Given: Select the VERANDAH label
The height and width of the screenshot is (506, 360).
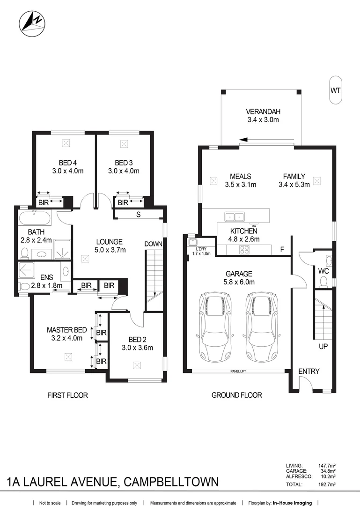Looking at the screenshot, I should [x=263, y=112].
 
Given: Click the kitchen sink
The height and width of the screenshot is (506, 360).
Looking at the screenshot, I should [x=234, y=216].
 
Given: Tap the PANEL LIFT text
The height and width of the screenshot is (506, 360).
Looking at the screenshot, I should [x=238, y=371].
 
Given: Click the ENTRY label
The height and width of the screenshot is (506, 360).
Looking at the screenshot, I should [x=309, y=371].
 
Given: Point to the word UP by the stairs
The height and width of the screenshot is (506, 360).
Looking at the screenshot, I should [x=323, y=347].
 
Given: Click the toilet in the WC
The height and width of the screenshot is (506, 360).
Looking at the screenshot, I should [x=323, y=281].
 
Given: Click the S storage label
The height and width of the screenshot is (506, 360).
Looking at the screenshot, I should [x=139, y=215].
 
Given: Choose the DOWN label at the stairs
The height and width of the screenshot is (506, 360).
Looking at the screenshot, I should [x=153, y=244].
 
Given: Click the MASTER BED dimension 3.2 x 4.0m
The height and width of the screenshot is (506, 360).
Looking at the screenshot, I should [x=65, y=338].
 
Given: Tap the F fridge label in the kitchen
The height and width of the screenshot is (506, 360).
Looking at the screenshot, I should [x=282, y=249].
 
